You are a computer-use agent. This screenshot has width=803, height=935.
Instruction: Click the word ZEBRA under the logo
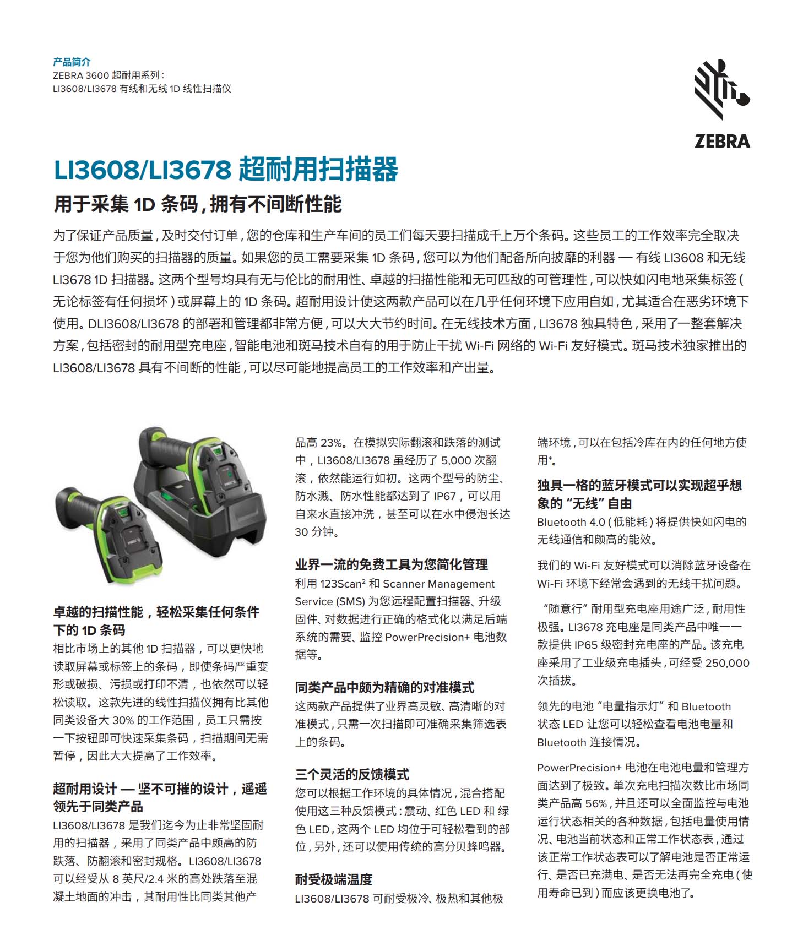[722, 142]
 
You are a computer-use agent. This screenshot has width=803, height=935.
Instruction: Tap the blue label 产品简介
[72, 62]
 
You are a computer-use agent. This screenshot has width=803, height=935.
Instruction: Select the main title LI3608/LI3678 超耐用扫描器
[226, 169]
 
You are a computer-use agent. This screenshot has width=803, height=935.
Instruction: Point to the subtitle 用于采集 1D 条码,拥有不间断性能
[198, 204]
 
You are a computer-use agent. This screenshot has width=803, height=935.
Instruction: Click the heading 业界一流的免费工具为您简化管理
[392, 564]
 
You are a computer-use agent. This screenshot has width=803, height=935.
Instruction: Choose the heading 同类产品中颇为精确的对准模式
[384, 687]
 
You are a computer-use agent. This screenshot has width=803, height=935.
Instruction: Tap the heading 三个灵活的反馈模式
[352, 774]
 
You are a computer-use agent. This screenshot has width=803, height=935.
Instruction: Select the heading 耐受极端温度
[334, 879]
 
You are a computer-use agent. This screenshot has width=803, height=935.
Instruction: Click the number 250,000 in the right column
[727, 663]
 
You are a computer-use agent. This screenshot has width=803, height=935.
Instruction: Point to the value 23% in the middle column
[332, 443]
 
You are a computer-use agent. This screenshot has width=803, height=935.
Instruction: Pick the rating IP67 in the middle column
[444, 496]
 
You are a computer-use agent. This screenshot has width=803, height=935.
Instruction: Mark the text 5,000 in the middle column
[456, 460]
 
